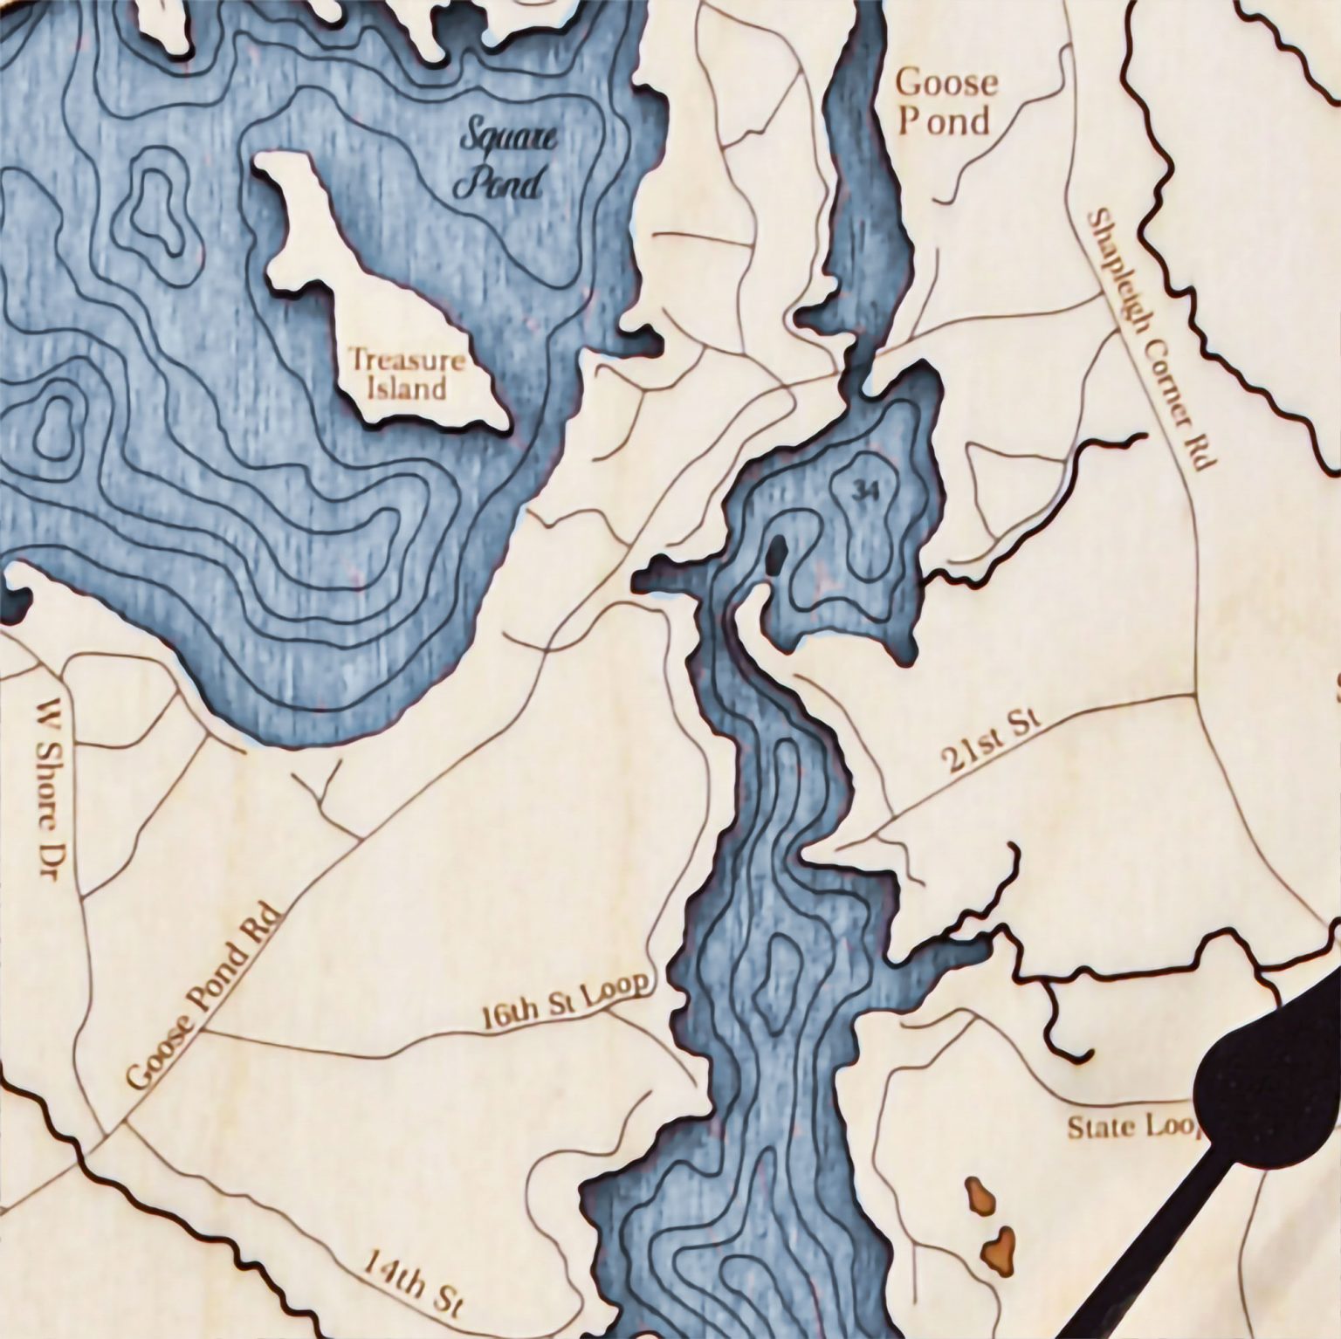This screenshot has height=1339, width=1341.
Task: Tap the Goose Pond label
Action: tap(946, 102)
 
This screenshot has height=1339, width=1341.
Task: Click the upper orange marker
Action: tap(978, 1198)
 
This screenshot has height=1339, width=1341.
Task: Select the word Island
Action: tap(407, 387)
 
